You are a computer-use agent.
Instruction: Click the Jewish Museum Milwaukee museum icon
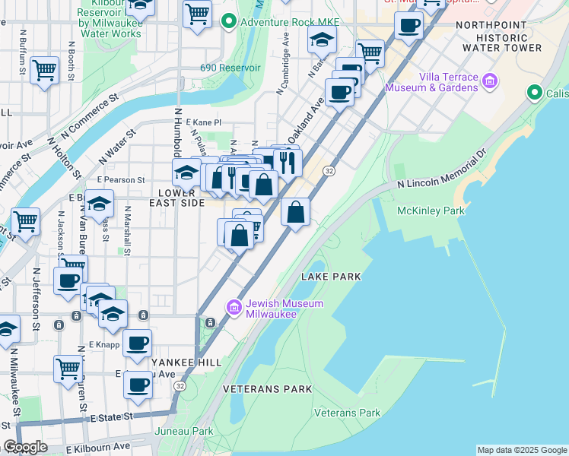click(x=234, y=307)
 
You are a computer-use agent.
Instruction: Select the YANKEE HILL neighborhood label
click(x=181, y=363)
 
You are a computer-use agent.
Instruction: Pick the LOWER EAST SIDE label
click(x=181, y=198)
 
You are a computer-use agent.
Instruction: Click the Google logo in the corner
click(x=25, y=447)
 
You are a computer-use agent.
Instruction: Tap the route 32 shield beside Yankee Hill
click(x=180, y=386)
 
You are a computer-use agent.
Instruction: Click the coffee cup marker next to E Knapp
click(x=137, y=344)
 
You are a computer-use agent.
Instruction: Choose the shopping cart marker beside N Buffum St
click(x=44, y=71)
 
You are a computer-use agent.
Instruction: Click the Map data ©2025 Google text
click(x=522, y=450)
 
